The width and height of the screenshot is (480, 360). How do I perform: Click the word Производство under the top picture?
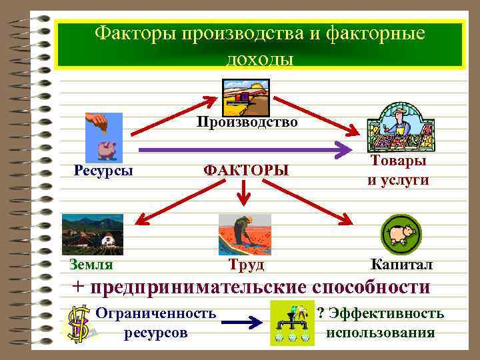[246, 123]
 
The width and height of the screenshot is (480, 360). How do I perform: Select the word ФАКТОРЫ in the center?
[246, 170]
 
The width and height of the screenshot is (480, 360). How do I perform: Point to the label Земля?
[91, 264]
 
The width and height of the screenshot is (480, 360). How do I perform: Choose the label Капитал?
[401, 265]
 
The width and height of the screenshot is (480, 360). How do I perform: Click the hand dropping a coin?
[100, 123]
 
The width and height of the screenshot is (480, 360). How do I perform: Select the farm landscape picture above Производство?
[245, 97]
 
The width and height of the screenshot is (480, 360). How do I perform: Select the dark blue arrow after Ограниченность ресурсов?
[241, 323]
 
